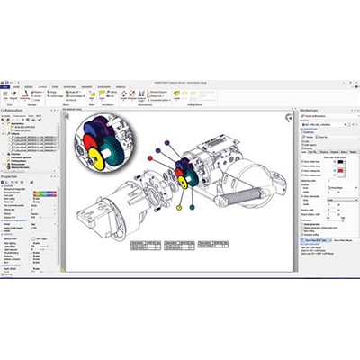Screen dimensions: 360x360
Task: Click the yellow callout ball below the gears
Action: coord(179,207)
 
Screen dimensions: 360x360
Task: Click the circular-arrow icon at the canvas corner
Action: coord(290,116)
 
